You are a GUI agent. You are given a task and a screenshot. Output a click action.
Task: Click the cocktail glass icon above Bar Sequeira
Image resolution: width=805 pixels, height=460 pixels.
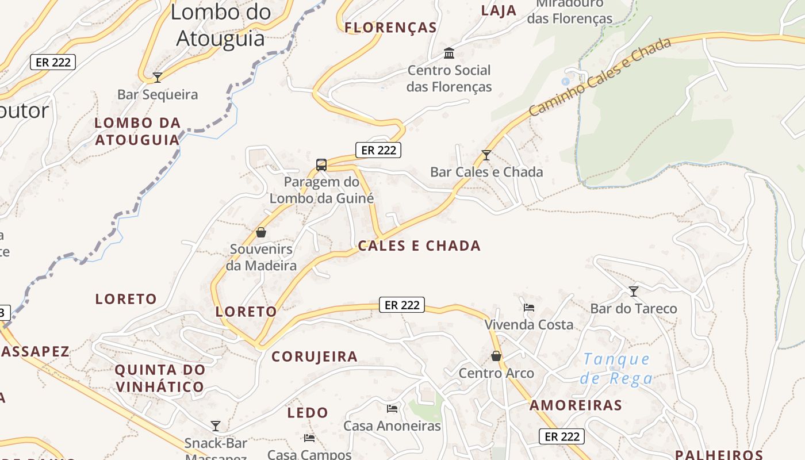point(157,77)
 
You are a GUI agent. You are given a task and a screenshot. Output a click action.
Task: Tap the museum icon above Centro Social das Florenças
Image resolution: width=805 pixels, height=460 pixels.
point(449,53)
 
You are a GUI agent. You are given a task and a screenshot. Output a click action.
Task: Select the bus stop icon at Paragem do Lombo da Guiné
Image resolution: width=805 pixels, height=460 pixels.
point(321,165)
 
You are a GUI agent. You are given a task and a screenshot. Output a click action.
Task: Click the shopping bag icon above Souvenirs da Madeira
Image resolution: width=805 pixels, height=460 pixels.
point(261,232)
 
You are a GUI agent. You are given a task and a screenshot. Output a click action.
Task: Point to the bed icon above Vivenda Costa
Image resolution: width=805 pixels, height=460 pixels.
point(529,307)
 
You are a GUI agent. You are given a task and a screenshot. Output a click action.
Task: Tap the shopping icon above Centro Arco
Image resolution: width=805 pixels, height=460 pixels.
point(496,356)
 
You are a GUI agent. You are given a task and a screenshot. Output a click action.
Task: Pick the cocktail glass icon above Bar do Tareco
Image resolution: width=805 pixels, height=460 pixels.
point(634,292)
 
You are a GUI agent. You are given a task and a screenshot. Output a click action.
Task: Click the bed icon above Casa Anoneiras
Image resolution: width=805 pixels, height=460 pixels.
point(392,409)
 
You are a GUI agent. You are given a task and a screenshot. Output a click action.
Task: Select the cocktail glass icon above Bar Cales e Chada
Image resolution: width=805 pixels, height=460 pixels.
point(486,155)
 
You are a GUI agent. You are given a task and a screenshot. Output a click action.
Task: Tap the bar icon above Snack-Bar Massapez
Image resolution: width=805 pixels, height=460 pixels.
point(216,426)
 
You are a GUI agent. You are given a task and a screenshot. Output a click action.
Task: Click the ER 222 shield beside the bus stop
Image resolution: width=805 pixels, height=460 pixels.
point(378,150)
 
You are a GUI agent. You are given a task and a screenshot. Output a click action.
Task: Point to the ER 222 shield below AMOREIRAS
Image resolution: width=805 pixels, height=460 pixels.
point(562,436)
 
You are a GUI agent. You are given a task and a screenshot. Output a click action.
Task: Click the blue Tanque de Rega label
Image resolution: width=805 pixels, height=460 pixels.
point(616,369)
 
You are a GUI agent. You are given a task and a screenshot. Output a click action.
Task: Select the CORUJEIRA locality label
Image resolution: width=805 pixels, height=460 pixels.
point(315,356)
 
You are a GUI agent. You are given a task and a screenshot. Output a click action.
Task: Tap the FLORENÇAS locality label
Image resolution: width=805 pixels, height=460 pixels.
point(391,28)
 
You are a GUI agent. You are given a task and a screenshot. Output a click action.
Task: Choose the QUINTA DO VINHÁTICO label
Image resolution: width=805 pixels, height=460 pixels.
point(160,378)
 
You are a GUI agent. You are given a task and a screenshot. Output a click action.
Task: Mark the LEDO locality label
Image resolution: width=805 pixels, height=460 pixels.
point(308,412)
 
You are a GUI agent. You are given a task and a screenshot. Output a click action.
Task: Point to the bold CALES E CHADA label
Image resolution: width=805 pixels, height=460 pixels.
point(419,246)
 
